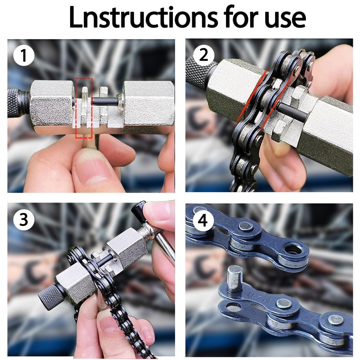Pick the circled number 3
(x=24, y=220)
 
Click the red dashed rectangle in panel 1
(x=84, y=108)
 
